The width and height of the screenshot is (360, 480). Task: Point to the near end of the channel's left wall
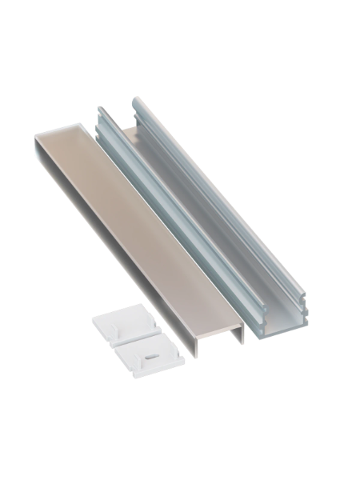coord(254,311)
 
